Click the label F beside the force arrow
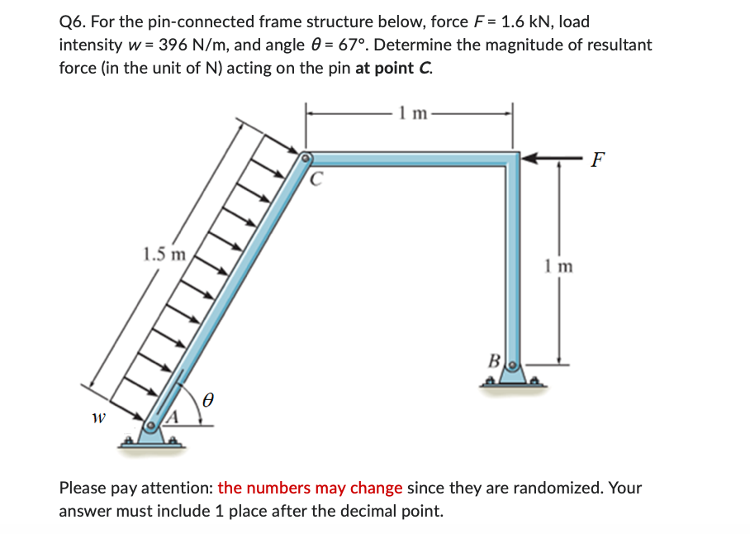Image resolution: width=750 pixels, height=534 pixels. [x=597, y=160]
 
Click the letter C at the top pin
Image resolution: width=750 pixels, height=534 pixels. [x=317, y=177]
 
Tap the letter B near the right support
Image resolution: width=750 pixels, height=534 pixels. [x=495, y=360]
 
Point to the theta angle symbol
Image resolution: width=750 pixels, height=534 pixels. [x=209, y=400]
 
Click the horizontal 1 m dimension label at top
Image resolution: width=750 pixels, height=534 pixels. [x=411, y=113]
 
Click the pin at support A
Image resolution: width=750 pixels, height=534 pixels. [x=150, y=427]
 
